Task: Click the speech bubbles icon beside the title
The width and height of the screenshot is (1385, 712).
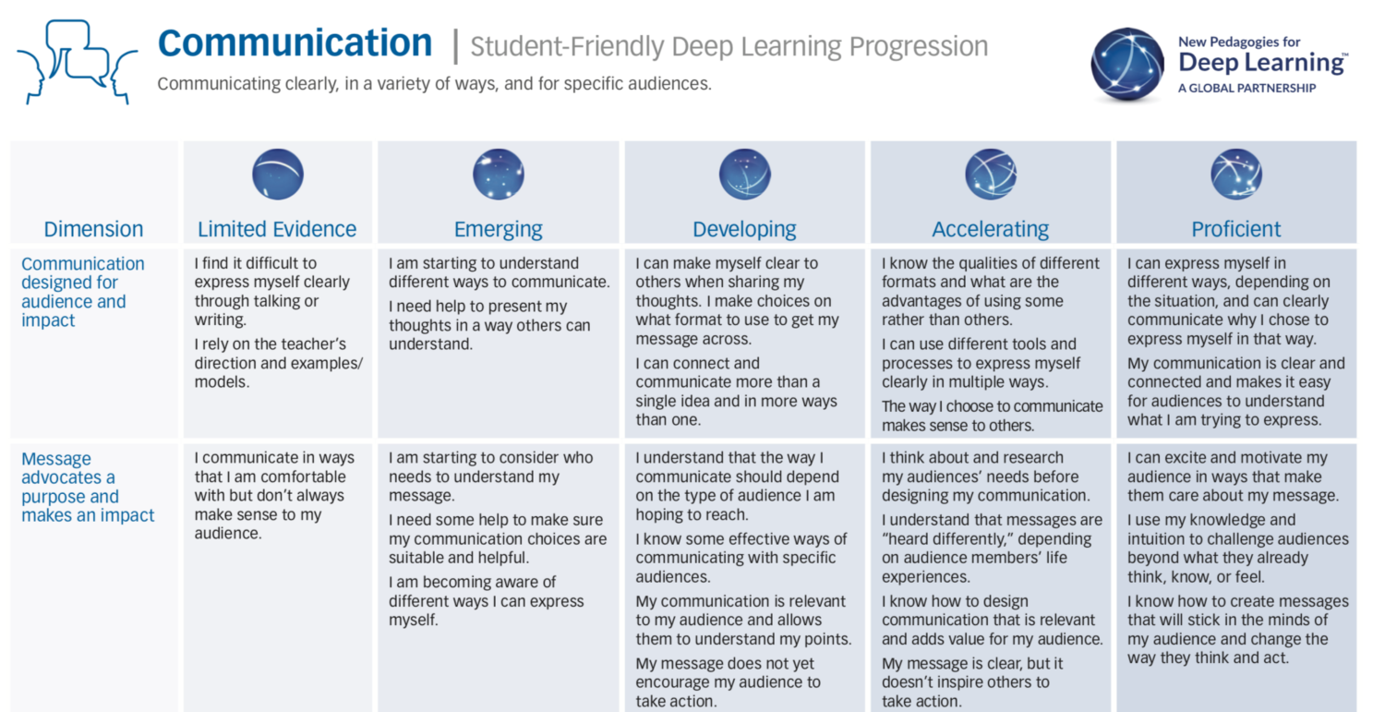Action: (x=78, y=62)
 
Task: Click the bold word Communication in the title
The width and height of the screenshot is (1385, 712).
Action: (x=295, y=43)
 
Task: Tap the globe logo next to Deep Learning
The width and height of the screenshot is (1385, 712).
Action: (x=1127, y=64)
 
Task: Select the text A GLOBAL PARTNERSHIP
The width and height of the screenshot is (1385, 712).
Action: (x=1246, y=89)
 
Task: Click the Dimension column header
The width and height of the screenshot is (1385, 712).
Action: (x=93, y=230)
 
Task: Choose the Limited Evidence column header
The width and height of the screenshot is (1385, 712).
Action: (x=277, y=230)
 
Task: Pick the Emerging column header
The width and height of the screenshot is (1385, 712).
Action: (x=499, y=230)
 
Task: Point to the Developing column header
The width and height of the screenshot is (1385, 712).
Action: (x=744, y=230)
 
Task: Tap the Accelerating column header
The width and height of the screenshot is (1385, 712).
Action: (x=991, y=230)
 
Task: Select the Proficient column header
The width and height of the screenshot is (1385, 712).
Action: (x=1236, y=230)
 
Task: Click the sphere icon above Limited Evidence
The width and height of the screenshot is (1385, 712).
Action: (x=278, y=175)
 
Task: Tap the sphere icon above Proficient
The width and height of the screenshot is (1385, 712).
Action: (x=1236, y=175)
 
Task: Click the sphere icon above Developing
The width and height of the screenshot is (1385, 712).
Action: (x=744, y=175)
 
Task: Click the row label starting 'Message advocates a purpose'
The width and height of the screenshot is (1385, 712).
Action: (x=88, y=487)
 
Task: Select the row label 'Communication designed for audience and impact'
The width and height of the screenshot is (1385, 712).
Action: (x=83, y=292)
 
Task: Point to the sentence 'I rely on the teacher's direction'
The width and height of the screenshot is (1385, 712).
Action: (x=278, y=363)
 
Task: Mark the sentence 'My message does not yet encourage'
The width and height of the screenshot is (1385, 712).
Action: (x=728, y=682)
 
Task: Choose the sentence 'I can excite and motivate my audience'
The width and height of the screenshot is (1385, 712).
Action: (x=1233, y=477)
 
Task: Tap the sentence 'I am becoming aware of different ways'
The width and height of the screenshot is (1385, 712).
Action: (x=486, y=600)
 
